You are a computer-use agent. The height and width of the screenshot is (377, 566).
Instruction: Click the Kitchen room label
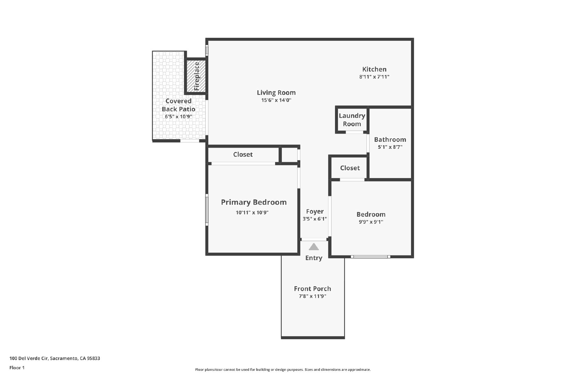tap(374, 69)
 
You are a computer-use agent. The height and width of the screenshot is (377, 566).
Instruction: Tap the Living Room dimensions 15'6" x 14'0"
tap(276, 100)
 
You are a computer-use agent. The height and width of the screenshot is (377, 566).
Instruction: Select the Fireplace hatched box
tap(196, 76)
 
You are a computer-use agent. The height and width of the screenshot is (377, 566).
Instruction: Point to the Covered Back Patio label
tap(178, 105)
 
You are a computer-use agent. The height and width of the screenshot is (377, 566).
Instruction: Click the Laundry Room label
tap(352, 120)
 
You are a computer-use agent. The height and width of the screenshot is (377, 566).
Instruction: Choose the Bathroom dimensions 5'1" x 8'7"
tap(390, 147)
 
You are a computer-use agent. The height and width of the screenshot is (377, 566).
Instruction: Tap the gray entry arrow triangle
tap(313, 247)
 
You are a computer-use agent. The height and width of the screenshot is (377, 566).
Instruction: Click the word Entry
tap(313, 258)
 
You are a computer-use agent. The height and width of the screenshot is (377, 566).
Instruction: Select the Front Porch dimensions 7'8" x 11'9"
tap(312, 296)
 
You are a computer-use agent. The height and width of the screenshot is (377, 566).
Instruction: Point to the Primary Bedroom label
tap(254, 202)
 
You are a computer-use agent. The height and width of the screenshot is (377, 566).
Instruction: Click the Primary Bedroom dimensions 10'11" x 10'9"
tap(252, 212)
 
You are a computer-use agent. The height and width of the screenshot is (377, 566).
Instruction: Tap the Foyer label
tap(315, 211)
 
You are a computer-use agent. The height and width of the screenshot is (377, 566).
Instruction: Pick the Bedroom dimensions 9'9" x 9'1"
tap(371, 222)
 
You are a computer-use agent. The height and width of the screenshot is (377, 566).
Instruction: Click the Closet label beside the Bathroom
tap(350, 168)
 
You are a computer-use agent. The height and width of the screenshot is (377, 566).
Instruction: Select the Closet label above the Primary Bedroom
tap(243, 154)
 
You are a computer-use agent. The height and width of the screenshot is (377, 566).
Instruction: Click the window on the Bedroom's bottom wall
tap(370, 257)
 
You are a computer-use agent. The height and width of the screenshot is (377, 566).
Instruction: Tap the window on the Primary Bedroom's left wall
tap(207, 210)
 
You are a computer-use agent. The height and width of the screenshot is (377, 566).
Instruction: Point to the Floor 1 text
tap(17, 368)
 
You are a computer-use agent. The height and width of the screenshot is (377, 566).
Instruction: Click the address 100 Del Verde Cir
tap(29, 358)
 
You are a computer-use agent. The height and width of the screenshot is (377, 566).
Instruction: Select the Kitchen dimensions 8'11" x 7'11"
tap(374, 77)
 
